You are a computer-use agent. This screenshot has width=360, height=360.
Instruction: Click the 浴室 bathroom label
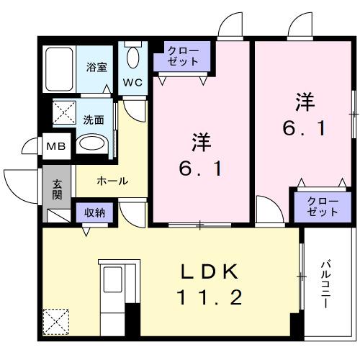click(96, 68)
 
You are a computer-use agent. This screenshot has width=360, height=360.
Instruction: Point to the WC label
click(133, 82)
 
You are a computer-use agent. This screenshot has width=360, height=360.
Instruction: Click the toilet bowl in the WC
click(133, 56)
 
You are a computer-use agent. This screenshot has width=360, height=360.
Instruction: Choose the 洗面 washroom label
click(94, 120)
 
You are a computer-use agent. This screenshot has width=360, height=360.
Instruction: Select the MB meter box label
click(55, 146)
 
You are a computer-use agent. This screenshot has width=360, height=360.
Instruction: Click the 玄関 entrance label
click(56, 189)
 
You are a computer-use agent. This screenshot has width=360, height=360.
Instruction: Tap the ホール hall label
click(112, 181)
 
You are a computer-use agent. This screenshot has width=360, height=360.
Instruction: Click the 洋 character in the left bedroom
click(200, 143)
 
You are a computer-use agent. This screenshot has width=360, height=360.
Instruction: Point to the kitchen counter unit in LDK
click(112, 292)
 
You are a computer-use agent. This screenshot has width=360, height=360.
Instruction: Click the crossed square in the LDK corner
click(56, 322)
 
